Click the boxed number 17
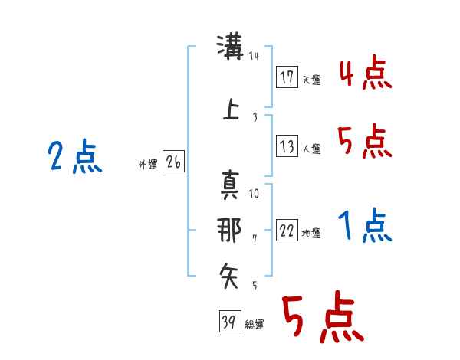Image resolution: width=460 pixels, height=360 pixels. click(x=287, y=77)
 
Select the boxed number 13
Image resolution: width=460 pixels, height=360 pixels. click(x=287, y=146)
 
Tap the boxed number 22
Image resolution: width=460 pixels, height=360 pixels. click(x=287, y=231)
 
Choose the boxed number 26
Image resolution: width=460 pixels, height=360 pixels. click(x=173, y=162)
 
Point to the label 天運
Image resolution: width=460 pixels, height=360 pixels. click(x=312, y=80)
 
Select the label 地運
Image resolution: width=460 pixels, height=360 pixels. click(x=311, y=234)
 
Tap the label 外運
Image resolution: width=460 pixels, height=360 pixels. click(x=148, y=165)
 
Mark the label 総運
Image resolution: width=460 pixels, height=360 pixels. click(x=255, y=325)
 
